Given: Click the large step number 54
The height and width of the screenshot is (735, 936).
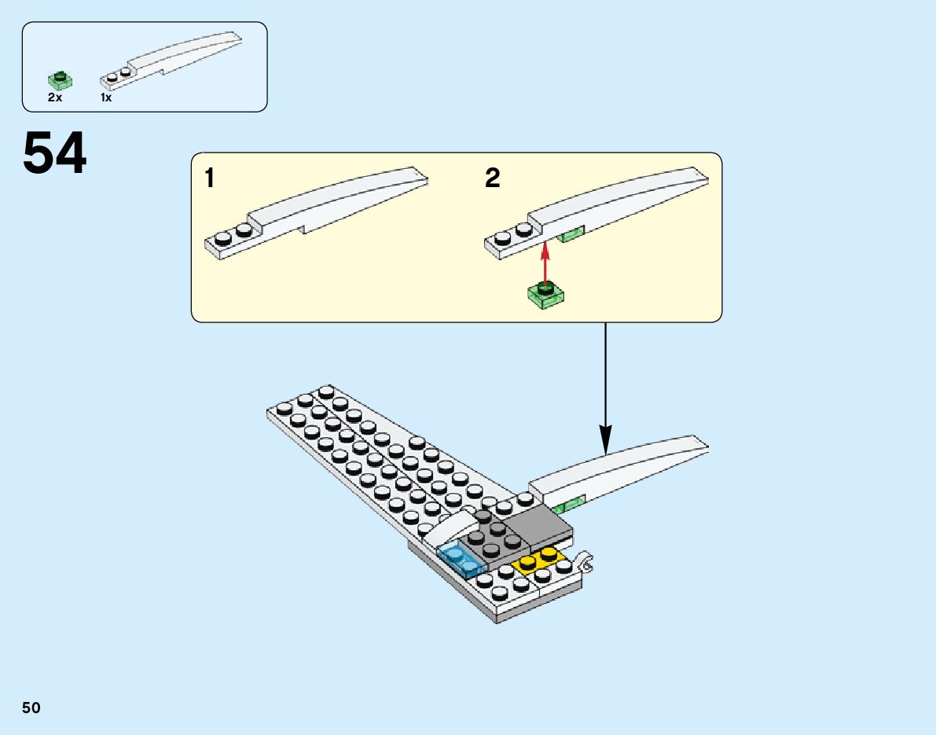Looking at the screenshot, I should pyautogui.click(x=55, y=154).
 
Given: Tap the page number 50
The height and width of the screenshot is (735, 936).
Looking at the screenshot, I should pyautogui.click(x=31, y=707).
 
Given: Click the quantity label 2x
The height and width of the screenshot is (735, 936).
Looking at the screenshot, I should pyautogui.click(x=55, y=98).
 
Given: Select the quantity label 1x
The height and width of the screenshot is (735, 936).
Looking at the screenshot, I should pyautogui.click(x=106, y=98).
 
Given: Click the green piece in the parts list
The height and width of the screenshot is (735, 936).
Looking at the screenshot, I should pyautogui.click(x=60, y=79).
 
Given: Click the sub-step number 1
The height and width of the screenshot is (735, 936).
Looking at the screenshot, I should pyautogui.click(x=209, y=179).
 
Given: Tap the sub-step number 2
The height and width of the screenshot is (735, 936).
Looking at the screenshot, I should pyautogui.click(x=493, y=179).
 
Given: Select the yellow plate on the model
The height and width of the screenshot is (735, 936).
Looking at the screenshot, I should pyautogui.click(x=539, y=560).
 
